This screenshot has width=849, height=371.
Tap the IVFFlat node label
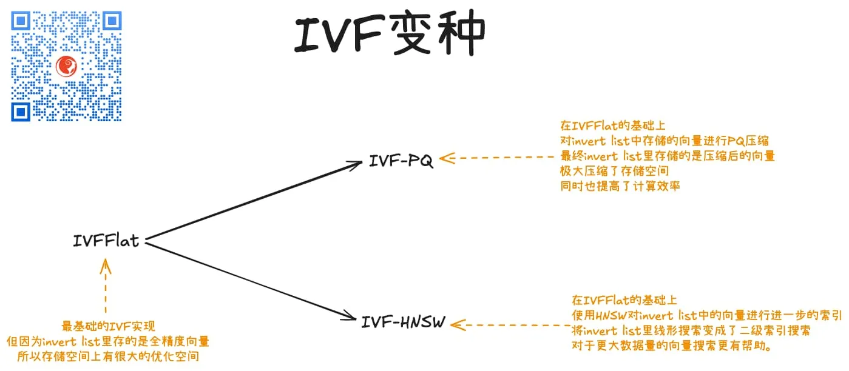coord(106,241)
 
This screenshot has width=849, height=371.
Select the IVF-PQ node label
coord(401,161)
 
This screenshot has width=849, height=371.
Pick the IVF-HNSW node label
coord(403,322)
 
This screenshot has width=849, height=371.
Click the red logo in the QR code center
coord(66,65)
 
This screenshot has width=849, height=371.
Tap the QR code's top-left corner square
coord(21,21)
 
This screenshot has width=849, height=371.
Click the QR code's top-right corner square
coord(112,21)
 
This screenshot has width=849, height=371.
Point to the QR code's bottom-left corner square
coord(21,112)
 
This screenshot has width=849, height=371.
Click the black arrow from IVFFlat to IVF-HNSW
coord(249,279)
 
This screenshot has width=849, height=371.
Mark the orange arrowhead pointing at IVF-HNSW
coord(458,326)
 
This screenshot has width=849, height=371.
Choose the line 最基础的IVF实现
coord(112,326)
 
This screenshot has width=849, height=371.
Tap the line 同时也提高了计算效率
coord(620,186)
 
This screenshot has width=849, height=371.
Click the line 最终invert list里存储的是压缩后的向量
coord(668,156)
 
